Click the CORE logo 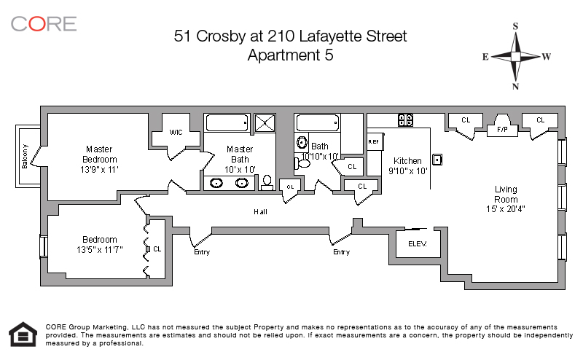43,23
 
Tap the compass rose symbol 516,56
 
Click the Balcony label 25,155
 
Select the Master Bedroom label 99,154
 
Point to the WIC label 176,133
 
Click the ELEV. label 417,243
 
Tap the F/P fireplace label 502,130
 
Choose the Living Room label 506,194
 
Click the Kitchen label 407,161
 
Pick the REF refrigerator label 374,141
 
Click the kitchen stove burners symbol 405,120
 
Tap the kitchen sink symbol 437,159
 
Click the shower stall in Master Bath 264,122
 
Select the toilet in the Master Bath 267,181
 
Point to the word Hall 260,213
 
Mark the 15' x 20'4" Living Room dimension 506,209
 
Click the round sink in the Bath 301,144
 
